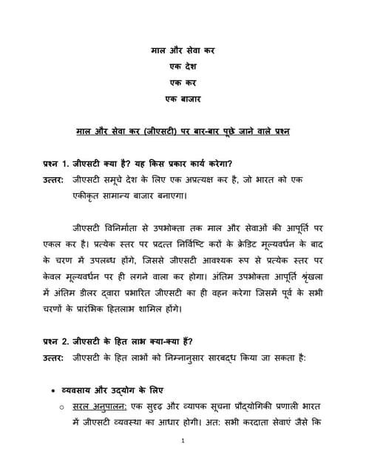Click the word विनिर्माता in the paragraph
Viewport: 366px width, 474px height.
click(x=121, y=227)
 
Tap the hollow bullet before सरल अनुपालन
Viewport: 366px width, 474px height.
click(x=63, y=407)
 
